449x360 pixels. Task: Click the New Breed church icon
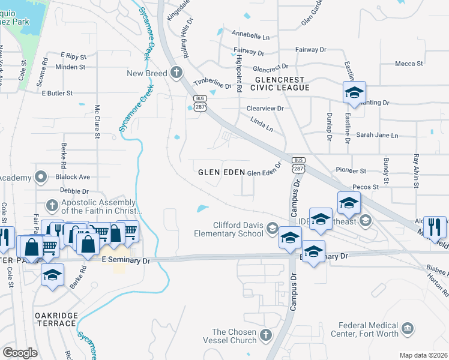[176, 73]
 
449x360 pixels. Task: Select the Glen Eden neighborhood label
[221, 172]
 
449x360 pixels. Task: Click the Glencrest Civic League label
[282, 83]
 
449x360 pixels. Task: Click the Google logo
[20, 353]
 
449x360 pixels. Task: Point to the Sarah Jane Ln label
[378, 136]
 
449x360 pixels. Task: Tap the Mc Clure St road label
[97, 122]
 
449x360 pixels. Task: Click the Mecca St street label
[409, 64]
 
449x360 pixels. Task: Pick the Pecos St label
[366, 187]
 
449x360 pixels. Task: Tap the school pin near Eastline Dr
[354, 93]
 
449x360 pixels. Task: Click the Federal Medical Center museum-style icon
[408, 328]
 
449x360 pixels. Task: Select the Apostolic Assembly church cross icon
[52, 205]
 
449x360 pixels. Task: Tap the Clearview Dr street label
[265, 108]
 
